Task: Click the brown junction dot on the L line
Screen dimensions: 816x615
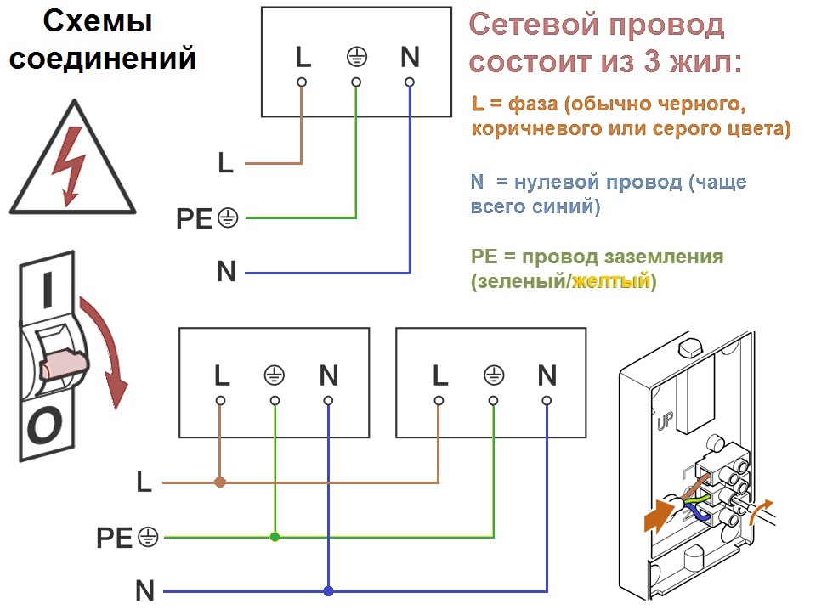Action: coord(220,482)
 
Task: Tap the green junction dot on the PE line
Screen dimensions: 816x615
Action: coord(275,537)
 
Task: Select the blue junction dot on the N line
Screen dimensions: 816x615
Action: coord(328,591)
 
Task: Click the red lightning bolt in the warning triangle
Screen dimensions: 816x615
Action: coord(69,166)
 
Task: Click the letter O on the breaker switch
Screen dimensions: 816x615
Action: coord(45,426)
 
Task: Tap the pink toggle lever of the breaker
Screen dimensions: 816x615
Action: coord(63,363)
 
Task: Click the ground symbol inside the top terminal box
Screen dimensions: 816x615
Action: coord(357,57)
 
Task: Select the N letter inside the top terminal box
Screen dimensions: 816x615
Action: coord(410,57)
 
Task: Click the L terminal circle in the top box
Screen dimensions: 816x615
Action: coord(302,82)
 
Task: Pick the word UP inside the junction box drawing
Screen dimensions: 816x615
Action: coord(665,420)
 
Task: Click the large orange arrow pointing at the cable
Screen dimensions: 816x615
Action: coord(660,515)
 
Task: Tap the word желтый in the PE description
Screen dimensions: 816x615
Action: coord(611,280)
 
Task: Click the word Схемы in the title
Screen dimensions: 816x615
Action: coord(97,21)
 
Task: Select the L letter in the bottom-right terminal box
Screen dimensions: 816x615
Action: coord(440,375)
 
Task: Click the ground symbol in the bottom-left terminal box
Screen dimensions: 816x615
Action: coord(275,375)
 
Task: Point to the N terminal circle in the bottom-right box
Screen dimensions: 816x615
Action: coord(547,400)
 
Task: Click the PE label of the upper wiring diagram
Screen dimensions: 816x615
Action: coord(194,218)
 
